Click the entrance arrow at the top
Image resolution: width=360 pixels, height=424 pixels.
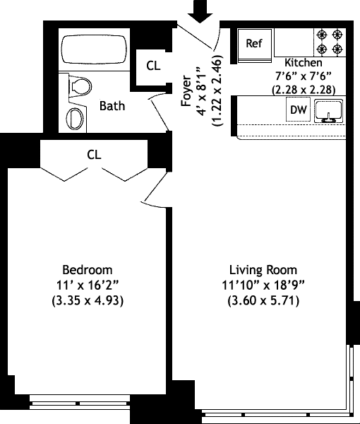coord(200,11)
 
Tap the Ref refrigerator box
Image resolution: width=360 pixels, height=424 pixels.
coord(254,45)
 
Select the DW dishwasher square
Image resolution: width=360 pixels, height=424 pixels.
coord(298,110)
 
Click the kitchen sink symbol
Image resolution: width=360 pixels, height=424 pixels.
coord(329,111)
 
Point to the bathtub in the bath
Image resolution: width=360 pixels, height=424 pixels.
coord(95,49)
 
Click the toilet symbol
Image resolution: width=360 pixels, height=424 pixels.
coord(80,86)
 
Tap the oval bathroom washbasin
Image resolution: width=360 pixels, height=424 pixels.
coord(75,119)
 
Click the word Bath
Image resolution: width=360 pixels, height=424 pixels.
coord(112,106)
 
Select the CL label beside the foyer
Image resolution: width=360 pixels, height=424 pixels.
coord(153,66)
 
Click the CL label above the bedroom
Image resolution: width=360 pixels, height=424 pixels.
coord(94,155)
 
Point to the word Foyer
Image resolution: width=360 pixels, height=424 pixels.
coord(186,91)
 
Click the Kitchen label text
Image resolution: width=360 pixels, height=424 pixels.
coord(304,62)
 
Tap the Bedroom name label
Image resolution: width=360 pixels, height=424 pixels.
coord(88,270)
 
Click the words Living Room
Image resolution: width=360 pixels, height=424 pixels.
coord(263,270)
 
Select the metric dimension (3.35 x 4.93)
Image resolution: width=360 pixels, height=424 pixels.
coord(88,300)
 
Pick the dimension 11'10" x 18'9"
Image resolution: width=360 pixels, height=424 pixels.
coord(263,285)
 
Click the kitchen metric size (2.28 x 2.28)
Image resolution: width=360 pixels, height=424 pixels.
coord(304,90)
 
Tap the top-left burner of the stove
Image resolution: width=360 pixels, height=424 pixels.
coord(322,35)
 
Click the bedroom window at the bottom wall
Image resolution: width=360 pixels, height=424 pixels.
coord(80,401)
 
